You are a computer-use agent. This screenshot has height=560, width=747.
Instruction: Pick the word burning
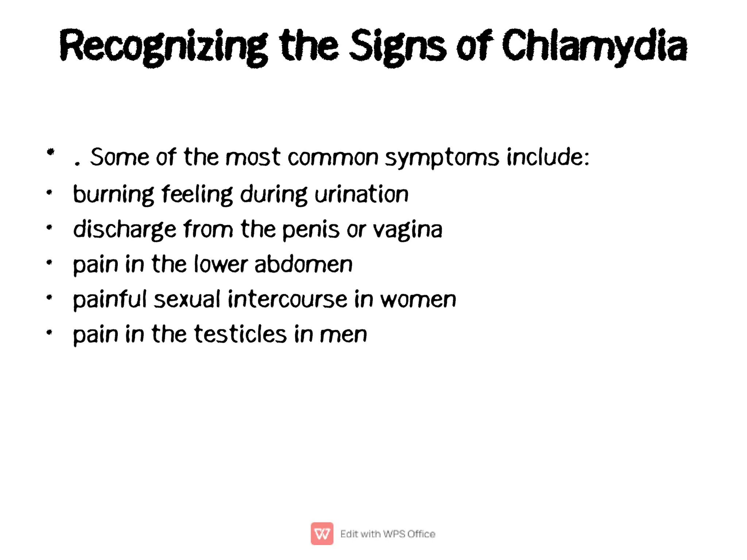point(113,194)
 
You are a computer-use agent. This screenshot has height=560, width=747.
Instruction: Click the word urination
point(361,194)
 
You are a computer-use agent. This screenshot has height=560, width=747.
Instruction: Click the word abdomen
point(303,264)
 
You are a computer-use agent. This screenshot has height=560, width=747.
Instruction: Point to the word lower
point(221,264)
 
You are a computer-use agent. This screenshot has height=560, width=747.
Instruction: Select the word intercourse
point(287,299)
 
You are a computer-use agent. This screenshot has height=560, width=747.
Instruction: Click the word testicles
point(240,334)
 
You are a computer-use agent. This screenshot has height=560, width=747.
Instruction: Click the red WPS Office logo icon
point(322,533)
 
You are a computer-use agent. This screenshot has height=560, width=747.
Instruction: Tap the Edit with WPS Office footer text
point(387,534)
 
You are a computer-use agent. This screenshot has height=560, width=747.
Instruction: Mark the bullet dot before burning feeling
point(50,192)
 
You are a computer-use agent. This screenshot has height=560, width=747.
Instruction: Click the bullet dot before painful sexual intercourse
point(50,297)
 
